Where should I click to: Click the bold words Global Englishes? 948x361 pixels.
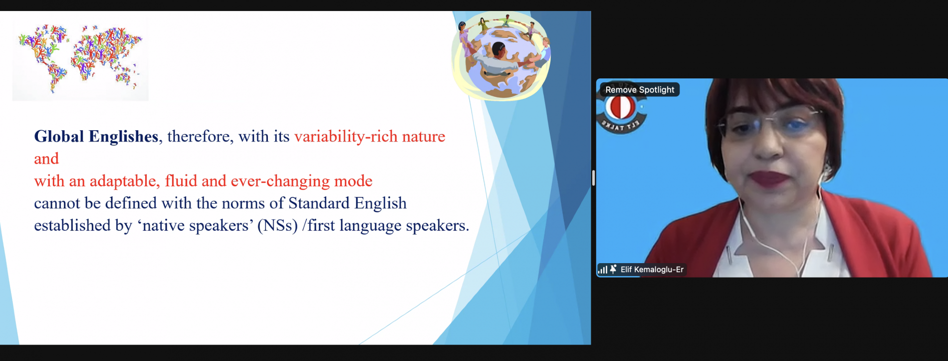96,136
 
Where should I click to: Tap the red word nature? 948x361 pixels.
424,137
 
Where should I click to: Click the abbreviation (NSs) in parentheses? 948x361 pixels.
277,226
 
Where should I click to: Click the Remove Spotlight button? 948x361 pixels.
640,90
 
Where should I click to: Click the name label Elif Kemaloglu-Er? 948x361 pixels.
652,270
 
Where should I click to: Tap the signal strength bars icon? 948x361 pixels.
603,270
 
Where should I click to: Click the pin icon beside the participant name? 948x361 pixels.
613,269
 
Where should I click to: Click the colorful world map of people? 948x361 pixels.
80,59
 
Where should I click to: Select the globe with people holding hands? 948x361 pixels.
501,55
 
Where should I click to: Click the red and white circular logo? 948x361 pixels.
620,107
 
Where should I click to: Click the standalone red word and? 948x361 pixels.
46,159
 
